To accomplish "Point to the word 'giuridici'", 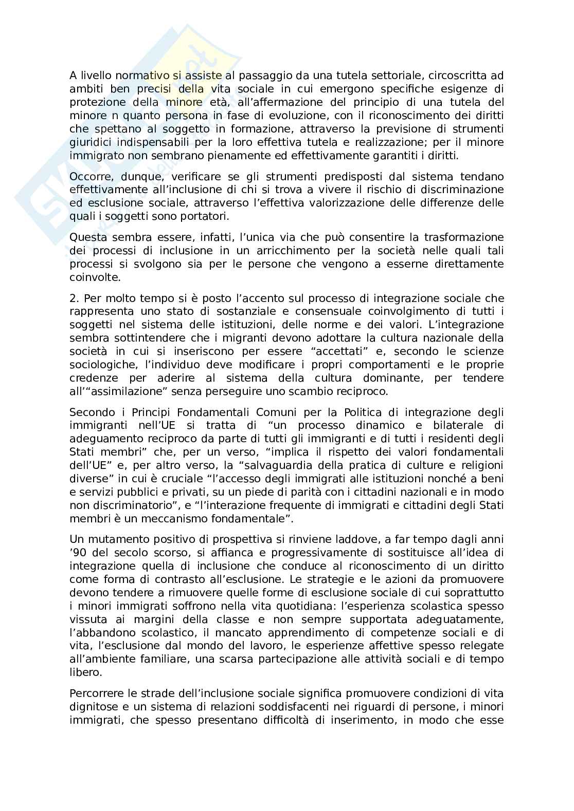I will (x=88, y=142).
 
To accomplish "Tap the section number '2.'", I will (x=74, y=298).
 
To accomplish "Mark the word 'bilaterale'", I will (x=442, y=426).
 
